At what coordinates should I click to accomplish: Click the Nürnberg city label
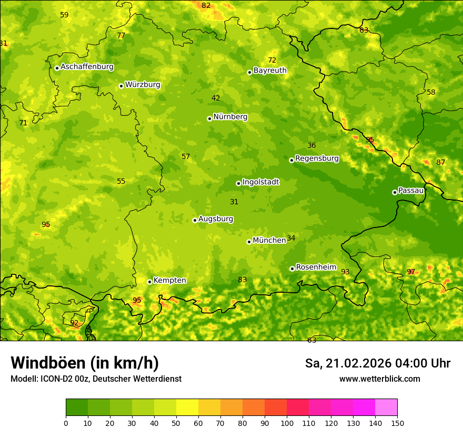coord(230,117)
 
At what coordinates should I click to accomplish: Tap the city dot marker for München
coord(249,242)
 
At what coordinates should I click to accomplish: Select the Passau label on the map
coord(411,191)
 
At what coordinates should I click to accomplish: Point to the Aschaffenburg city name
coord(87,67)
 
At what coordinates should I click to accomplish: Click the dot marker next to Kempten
coord(149,282)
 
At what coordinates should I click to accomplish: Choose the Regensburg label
coord(317,158)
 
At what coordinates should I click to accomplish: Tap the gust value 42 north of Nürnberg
coord(216,98)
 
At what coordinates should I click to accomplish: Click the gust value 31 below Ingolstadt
coord(234,202)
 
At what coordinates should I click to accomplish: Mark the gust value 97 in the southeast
coord(411,272)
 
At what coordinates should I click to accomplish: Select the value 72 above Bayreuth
coord(272,61)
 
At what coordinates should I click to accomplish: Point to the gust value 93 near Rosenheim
coord(345,272)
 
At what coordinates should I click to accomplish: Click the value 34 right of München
coord(291,239)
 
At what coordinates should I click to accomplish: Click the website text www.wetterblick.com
coord(379,379)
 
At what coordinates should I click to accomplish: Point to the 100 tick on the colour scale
coord(287,423)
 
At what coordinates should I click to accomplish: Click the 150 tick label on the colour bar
coord(397,423)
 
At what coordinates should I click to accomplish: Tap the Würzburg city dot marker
coord(121,86)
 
